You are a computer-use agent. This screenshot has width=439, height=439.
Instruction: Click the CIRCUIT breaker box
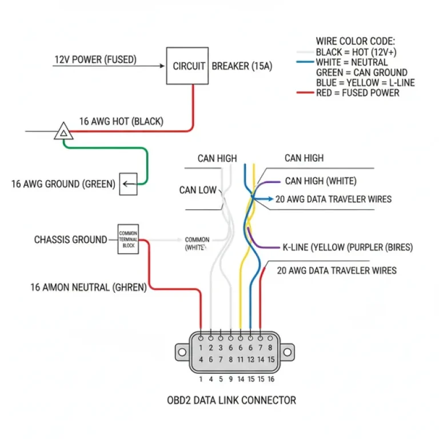click(187, 66)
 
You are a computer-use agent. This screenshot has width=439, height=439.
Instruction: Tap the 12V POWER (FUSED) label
click(95, 59)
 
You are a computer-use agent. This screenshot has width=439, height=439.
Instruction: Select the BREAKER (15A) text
click(242, 66)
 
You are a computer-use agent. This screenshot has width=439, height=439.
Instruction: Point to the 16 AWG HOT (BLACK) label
click(121, 121)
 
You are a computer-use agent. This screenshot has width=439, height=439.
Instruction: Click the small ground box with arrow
click(128, 183)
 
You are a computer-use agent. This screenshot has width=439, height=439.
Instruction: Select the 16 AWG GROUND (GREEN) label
click(63, 184)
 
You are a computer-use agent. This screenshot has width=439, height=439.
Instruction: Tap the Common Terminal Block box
click(128, 238)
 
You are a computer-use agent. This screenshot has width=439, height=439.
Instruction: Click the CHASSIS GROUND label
click(70, 240)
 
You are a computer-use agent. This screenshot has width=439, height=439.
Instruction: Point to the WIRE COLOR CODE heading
click(356, 42)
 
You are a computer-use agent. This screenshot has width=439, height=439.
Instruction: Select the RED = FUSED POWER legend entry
click(358, 93)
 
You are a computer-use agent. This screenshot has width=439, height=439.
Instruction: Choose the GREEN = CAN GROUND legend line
click(361, 73)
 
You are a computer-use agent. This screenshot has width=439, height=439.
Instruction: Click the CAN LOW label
click(198, 190)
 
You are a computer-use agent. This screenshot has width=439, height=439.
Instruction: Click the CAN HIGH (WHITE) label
click(320, 181)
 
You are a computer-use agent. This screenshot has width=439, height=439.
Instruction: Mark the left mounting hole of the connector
click(183, 350)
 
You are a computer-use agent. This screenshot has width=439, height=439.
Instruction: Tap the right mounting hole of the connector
click(287, 350)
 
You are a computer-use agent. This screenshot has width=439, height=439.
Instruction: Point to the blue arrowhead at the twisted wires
click(269, 199)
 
